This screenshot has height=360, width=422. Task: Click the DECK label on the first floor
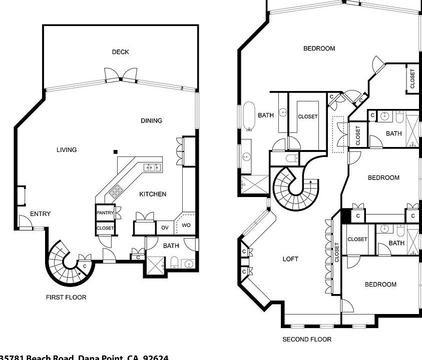tap(120, 52)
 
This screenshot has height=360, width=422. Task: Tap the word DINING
tap(151, 120)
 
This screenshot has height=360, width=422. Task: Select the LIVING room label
tap(67, 150)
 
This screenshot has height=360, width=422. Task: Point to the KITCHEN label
tap(153, 194)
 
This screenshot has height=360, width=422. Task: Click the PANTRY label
tap(106, 213)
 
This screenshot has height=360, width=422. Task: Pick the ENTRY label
tap(40, 214)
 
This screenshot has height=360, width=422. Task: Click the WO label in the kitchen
tap(186, 225)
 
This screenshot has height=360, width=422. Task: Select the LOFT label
tap(290, 259)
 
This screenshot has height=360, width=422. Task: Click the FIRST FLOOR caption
tap(66, 297)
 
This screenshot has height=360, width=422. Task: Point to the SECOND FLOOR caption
tap(307, 339)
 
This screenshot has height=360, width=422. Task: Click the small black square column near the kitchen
tap(116, 152)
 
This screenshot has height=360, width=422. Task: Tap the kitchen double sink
tap(152, 167)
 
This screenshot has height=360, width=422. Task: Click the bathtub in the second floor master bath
tap(249, 116)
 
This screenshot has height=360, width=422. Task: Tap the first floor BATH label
tap(171, 245)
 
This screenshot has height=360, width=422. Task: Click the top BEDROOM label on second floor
tap(319, 48)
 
